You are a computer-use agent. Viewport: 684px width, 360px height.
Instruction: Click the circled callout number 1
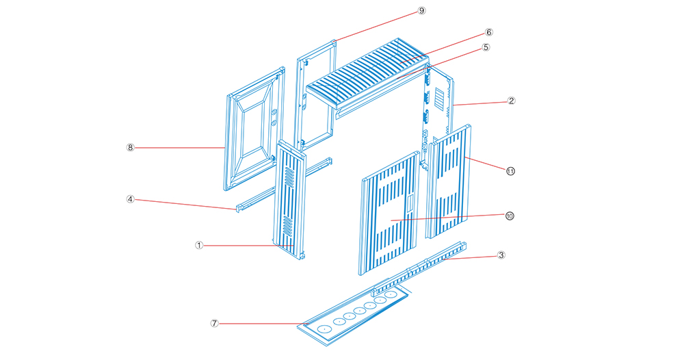pyautogui.click(x=199, y=245)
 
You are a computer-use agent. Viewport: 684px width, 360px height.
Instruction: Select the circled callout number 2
pyautogui.click(x=511, y=101)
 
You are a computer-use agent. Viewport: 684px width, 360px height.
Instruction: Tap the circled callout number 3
pyautogui.click(x=501, y=255)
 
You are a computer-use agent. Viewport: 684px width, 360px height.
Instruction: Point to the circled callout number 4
pyautogui.click(x=130, y=199)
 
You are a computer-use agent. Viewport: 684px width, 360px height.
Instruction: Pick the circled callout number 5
pyautogui.click(x=486, y=47)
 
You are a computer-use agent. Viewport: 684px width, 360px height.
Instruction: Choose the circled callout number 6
pyautogui.click(x=488, y=32)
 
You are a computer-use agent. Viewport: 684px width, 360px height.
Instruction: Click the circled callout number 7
pyautogui.click(x=214, y=323)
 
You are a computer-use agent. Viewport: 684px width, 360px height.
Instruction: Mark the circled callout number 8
pyautogui.click(x=130, y=148)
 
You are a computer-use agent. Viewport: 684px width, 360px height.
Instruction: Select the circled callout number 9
pyautogui.click(x=421, y=10)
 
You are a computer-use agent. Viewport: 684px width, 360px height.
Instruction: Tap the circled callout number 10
pyautogui.click(x=510, y=216)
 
